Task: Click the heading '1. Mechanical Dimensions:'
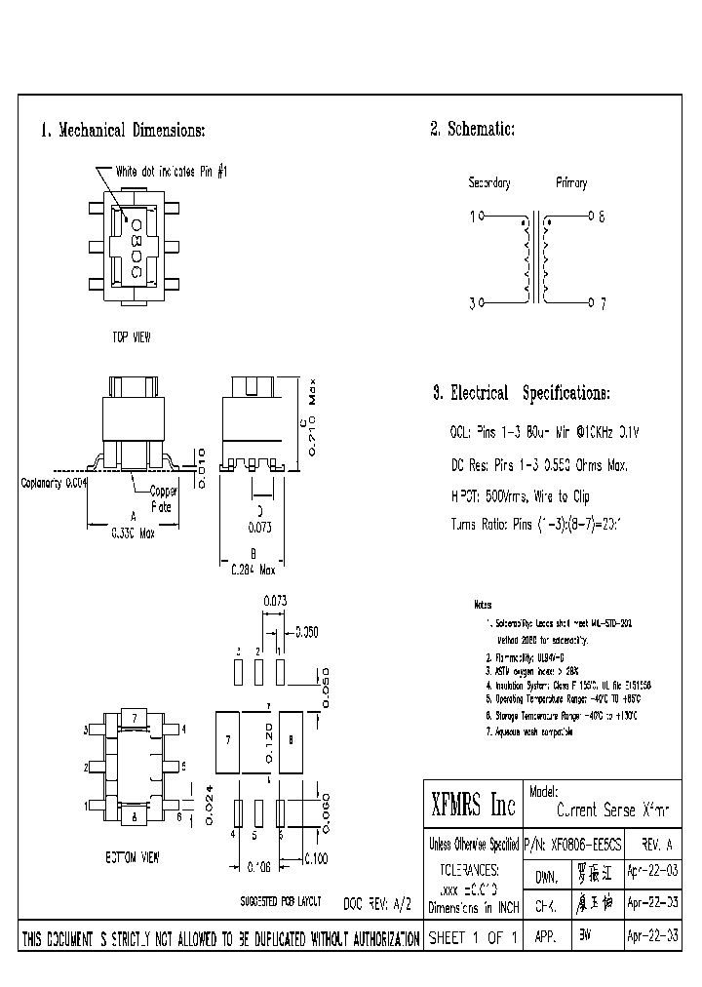coord(122,131)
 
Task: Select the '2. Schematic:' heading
coord(472,130)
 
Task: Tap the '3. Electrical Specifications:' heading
coord(521,394)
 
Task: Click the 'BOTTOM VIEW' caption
coord(133,857)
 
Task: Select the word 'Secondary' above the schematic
coord(489,183)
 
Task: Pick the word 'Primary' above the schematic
coord(572,183)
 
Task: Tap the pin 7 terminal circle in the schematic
coord(591,303)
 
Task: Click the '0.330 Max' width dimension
coord(132,532)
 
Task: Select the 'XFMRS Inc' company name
coord(473,806)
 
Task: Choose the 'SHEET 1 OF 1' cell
coord(473,938)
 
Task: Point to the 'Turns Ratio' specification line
coord(535,525)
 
